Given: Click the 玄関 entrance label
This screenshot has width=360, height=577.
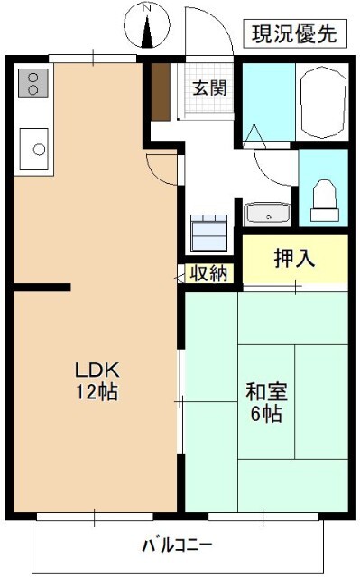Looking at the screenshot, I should coord(208,88).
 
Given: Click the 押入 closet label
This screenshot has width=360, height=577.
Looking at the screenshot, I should coord(294,258).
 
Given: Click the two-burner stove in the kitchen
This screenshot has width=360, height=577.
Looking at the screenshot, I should coord(32,84).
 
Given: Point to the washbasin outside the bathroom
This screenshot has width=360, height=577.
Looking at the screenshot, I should coord(268,214).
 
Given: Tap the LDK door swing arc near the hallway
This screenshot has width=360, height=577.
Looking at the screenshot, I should coord(160,168).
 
